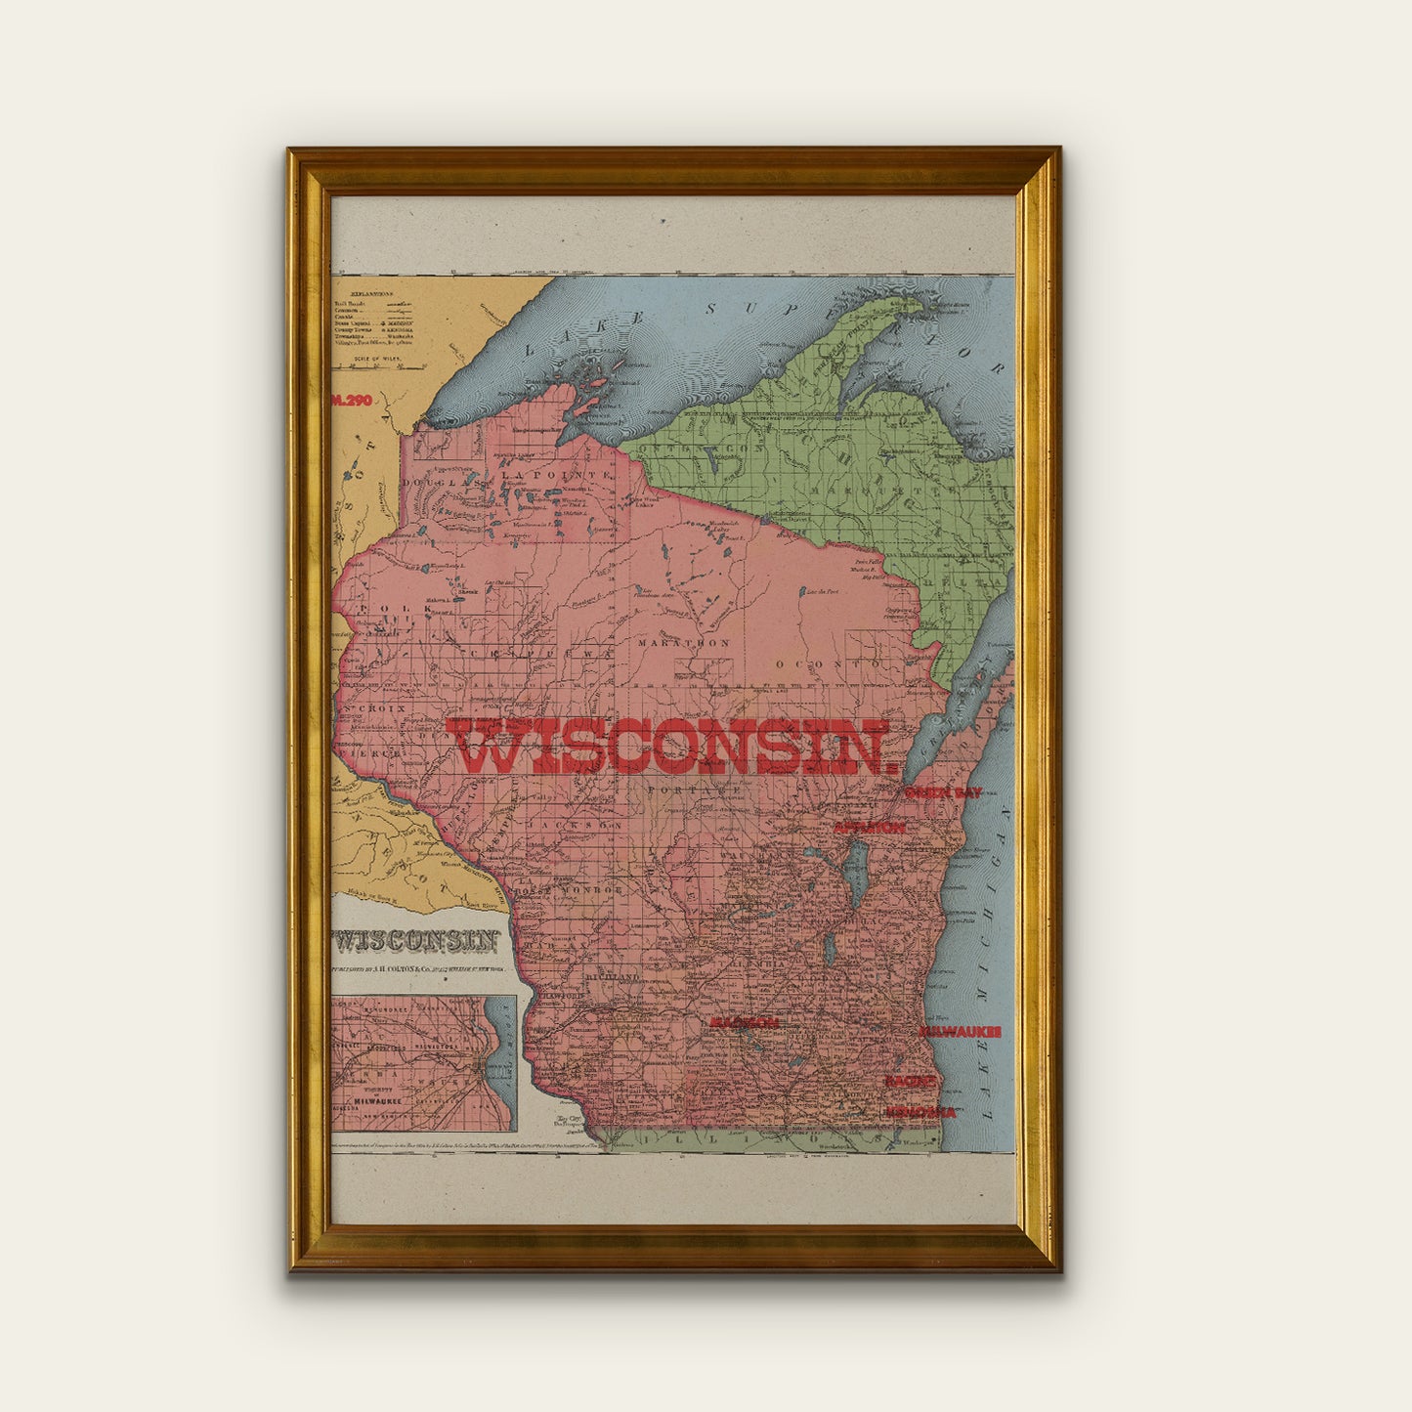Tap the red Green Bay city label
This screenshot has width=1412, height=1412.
pyautogui.click(x=943, y=792)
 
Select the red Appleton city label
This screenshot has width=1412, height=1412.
pyautogui.click(x=869, y=828)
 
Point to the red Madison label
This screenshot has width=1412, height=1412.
pyautogui.click(x=744, y=1022)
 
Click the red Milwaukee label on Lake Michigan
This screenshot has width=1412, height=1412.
pyautogui.click(x=960, y=1031)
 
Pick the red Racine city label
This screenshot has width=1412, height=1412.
pyautogui.click(x=912, y=1081)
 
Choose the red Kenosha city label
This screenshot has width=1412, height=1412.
pyautogui.click(x=920, y=1112)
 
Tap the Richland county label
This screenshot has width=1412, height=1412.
pyautogui.click(x=612, y=977)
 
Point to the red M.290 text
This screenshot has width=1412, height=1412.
pyautogui.click(x=349, y=400)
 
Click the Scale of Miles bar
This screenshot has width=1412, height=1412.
pyautogui.click(x=378, y=366)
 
